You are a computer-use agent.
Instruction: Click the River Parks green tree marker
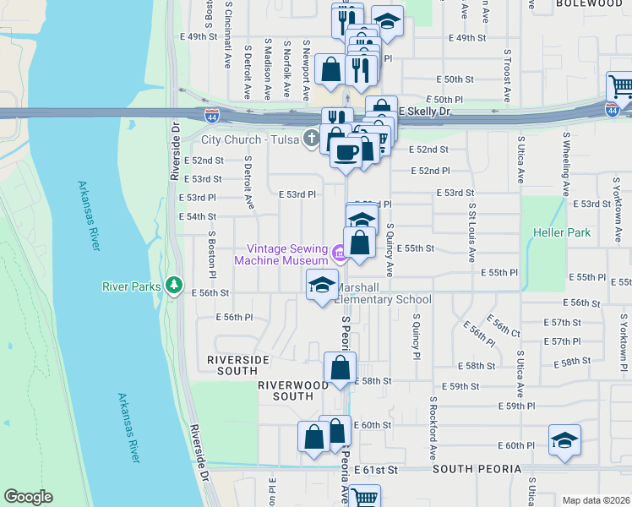(x=174, y=286)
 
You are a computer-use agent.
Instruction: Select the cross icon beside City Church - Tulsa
(x=312, y=138)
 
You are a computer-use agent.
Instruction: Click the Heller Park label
(x=560, y=232)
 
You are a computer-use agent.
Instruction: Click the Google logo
(x=27, y=497)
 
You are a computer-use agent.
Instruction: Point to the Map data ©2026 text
(x=596, y=500)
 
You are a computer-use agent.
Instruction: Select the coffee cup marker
(x=345, y=152)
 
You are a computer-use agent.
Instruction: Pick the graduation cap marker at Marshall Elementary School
(x=322, y=286)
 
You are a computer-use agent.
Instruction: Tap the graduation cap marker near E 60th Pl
(x=564, y=440)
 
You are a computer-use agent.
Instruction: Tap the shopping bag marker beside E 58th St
(x=340, y=368)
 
